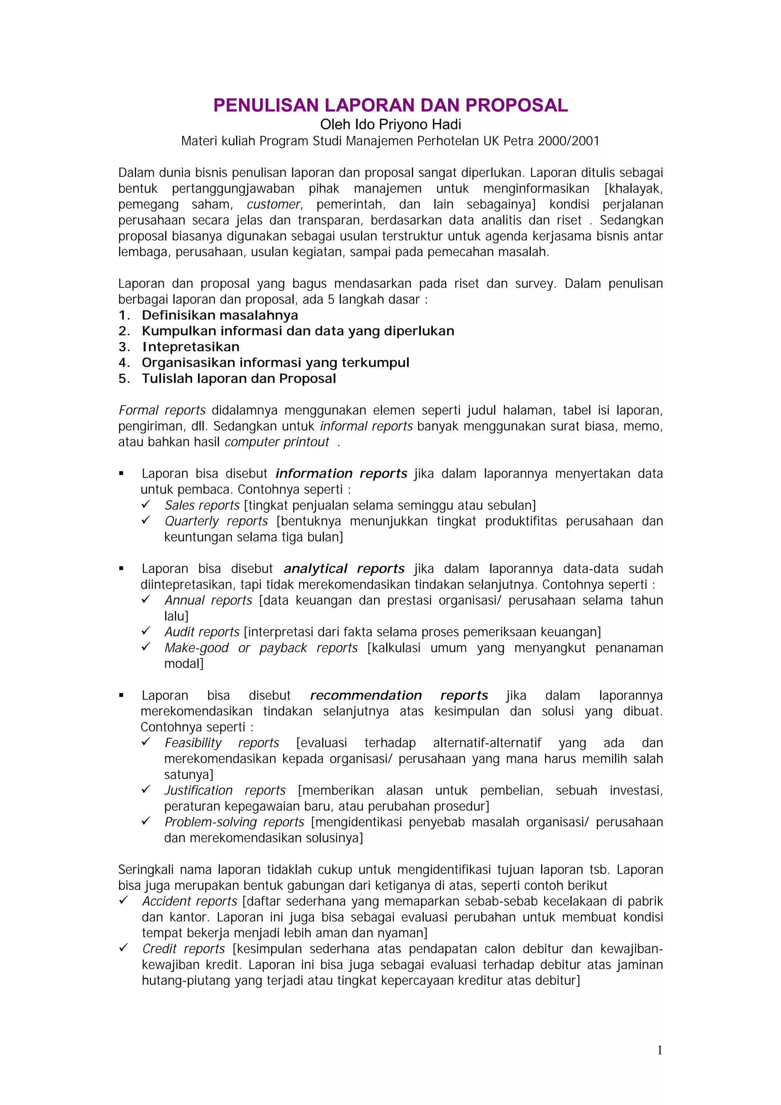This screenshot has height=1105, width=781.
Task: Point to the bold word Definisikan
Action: [178, 315]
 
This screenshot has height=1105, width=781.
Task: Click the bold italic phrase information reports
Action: [341, 474]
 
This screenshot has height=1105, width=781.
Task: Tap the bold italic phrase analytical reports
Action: [344, 569]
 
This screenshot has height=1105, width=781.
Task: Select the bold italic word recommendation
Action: [366, 695]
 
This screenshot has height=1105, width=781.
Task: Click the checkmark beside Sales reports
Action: [146, 504]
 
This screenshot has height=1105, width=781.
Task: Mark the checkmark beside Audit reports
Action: [146, 631]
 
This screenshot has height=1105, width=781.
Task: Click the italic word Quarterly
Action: [192, 521]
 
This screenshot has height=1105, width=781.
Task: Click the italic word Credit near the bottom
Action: [159, 949]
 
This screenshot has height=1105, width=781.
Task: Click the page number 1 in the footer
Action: [659, 1050]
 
